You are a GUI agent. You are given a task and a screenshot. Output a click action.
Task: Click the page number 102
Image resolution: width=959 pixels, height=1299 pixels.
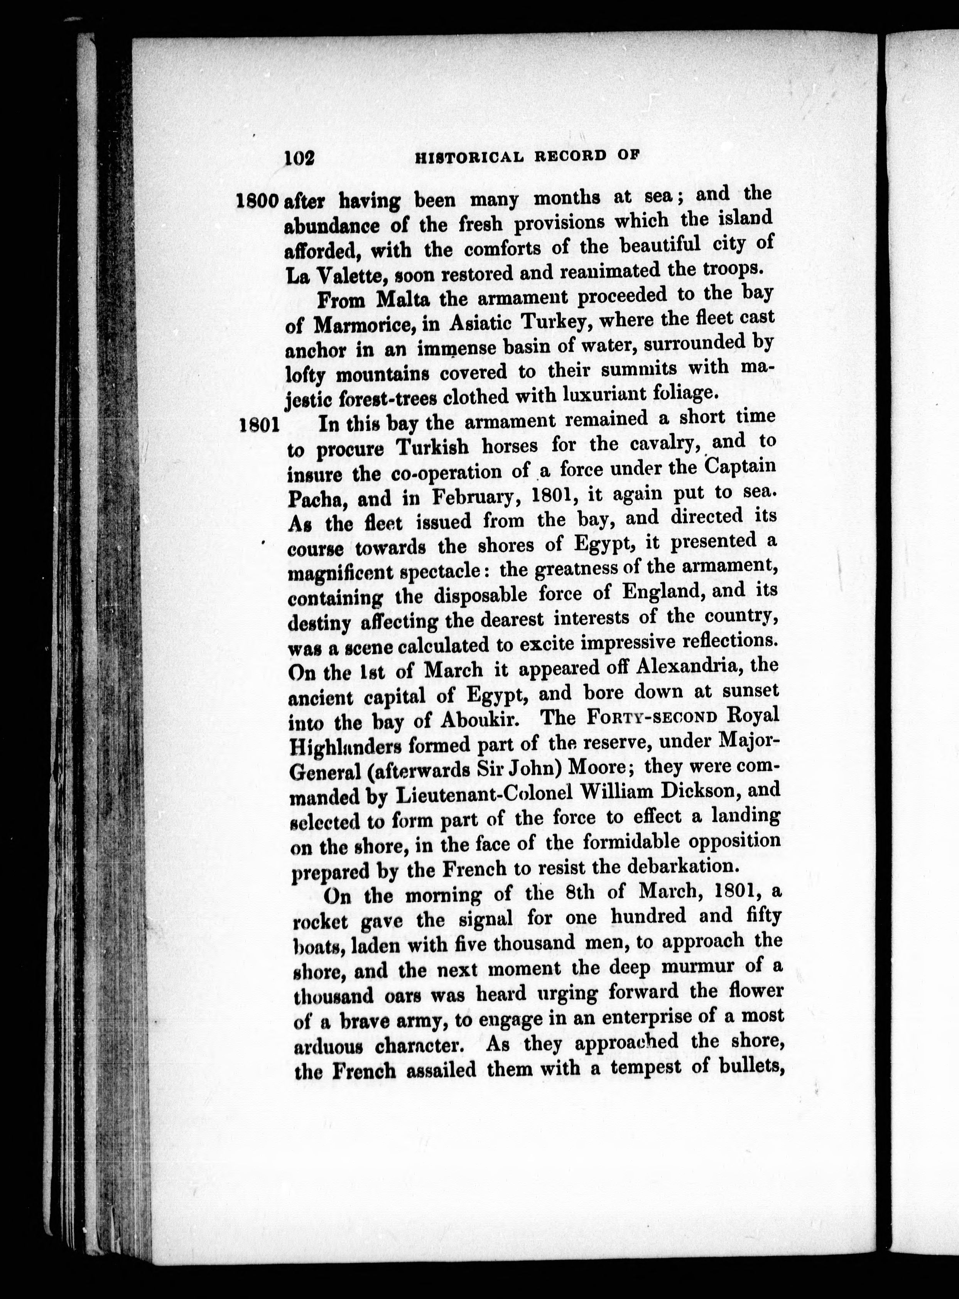[299, 157]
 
